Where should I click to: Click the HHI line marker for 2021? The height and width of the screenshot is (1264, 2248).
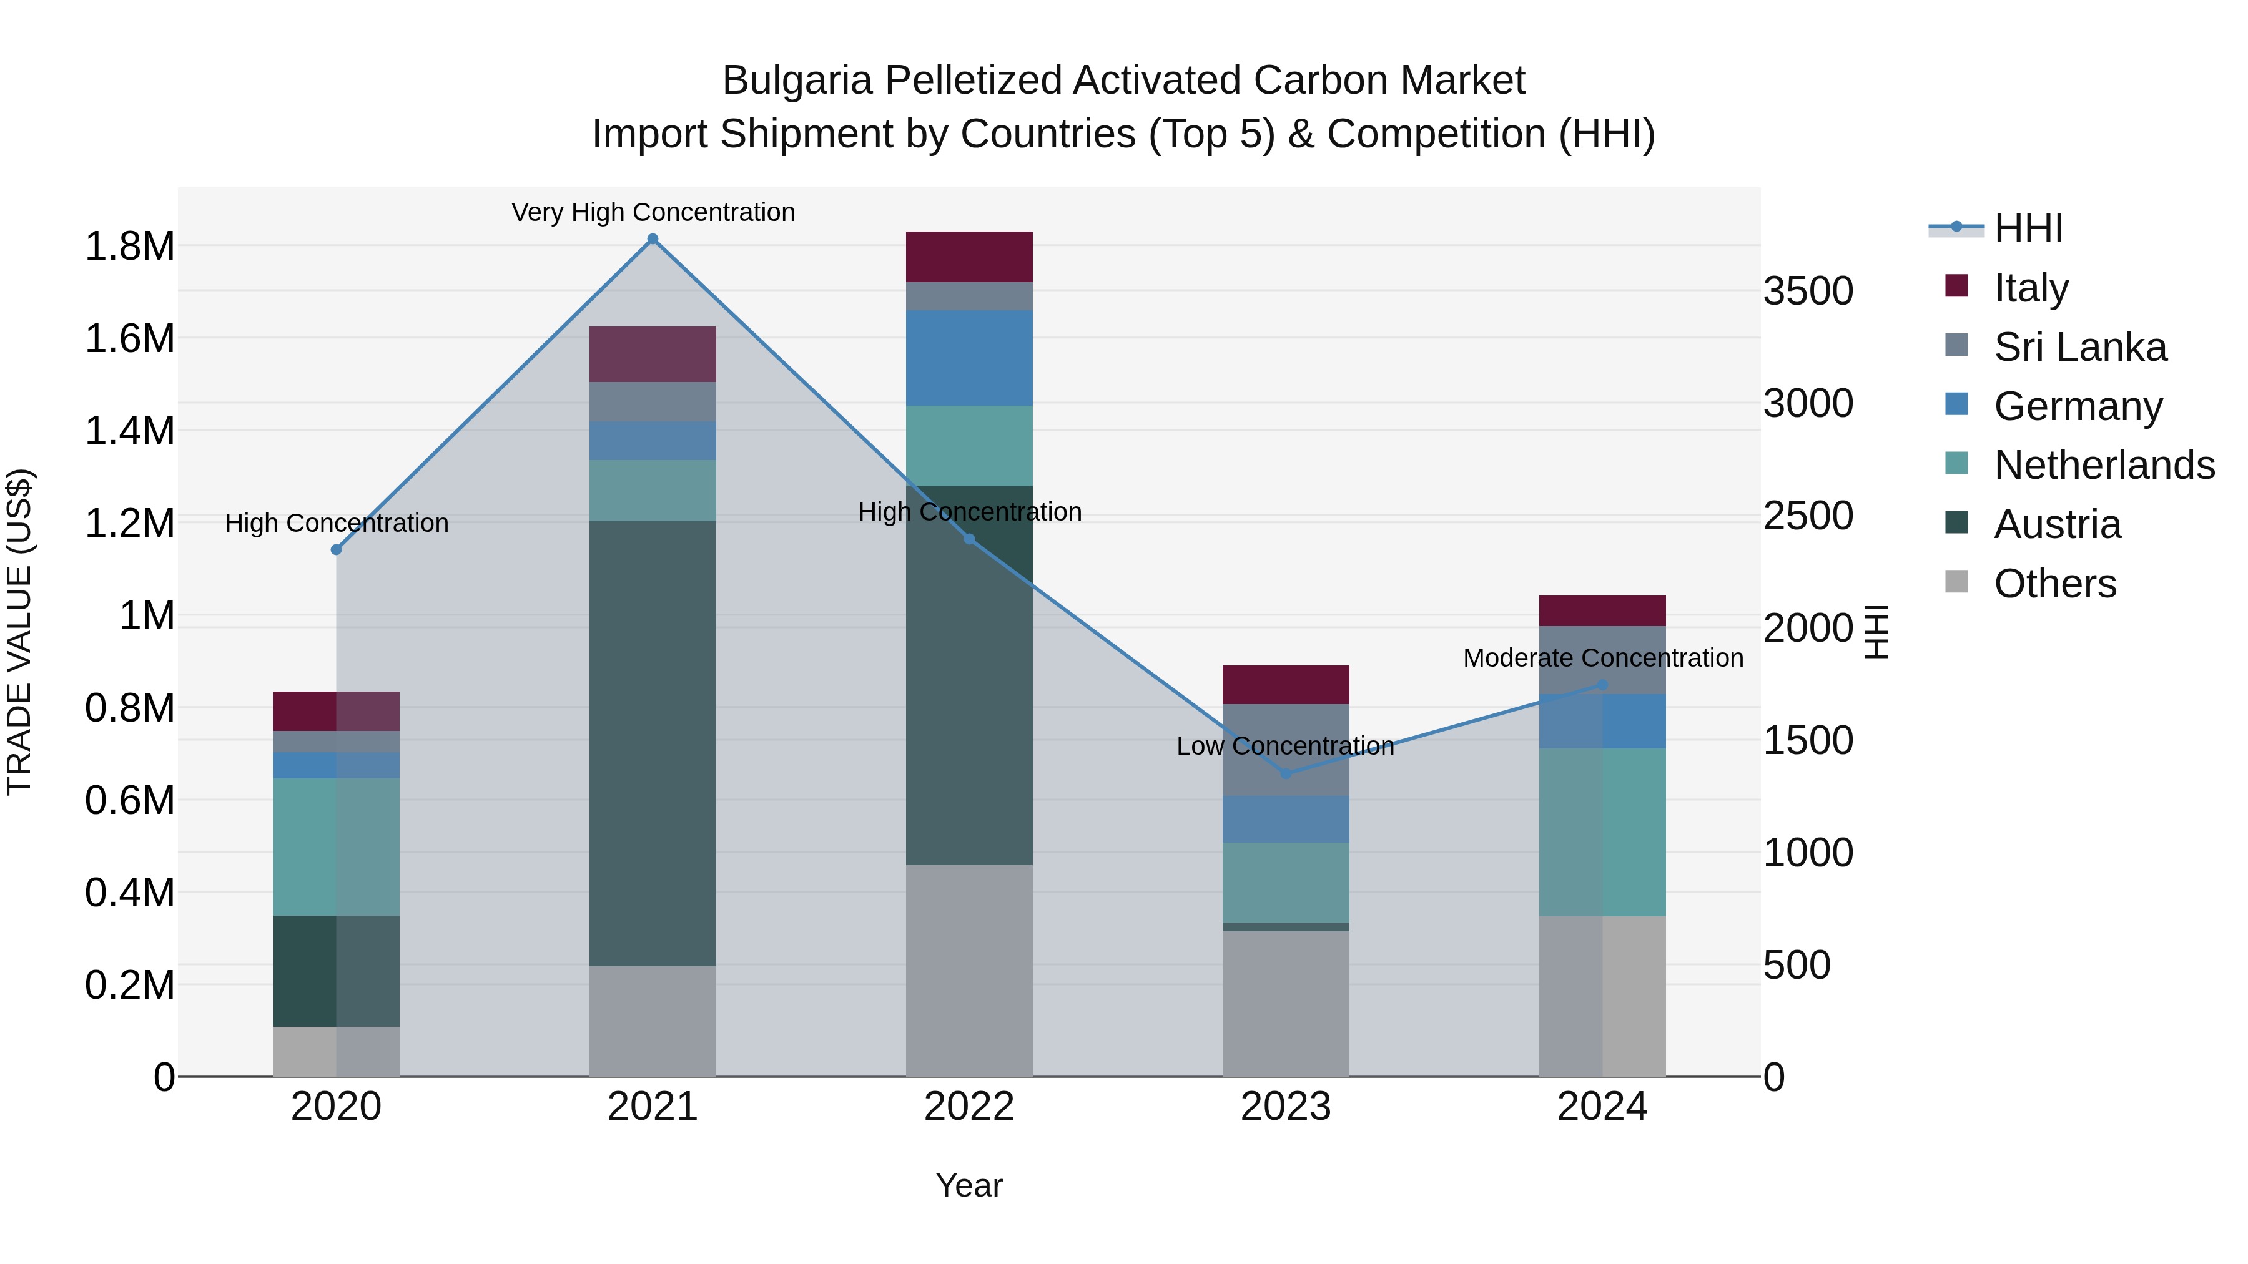coord(653,239)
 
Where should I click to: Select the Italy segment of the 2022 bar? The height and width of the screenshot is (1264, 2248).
coord(969,257)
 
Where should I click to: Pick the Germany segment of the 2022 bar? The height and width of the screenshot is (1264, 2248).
coord(969,358)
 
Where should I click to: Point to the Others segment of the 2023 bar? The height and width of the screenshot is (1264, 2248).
coord(1286,1003)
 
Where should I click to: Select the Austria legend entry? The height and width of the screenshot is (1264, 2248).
coord(2057,525)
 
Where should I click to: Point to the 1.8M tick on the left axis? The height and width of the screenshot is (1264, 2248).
coord(129,247)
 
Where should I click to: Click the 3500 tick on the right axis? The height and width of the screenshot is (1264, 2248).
coord(1808,292)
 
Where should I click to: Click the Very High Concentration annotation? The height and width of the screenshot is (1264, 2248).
coord(653,212)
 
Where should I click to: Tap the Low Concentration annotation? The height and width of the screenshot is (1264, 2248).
coord(1286,746)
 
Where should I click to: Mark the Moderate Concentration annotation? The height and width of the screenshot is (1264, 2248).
coord(1603,658)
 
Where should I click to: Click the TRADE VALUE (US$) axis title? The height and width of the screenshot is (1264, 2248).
coord(19,632)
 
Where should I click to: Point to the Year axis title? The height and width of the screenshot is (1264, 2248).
coord(969,1185)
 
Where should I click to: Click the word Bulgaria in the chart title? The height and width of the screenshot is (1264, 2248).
coord(797,81)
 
